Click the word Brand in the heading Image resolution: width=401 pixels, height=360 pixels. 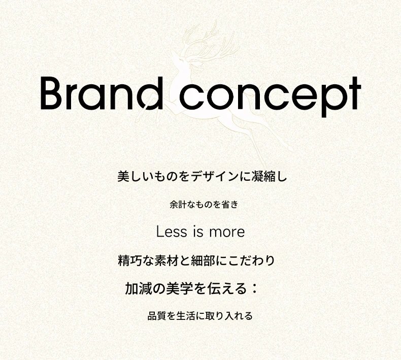[102, 93]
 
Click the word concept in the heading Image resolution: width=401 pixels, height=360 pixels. [271, 96]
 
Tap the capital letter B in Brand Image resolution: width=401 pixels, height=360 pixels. [51, 93]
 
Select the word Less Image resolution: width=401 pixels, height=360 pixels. [172, 232]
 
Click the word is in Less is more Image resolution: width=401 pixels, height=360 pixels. [198, 232]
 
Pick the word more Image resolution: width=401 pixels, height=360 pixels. [227, 233]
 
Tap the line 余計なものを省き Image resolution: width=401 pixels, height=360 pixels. [204, 205]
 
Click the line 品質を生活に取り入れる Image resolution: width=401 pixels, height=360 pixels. [200, 316]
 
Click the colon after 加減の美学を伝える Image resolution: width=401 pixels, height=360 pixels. [254, 288]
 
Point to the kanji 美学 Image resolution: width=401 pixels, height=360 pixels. [179, 288]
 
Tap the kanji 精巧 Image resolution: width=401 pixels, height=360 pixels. [130, 260]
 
